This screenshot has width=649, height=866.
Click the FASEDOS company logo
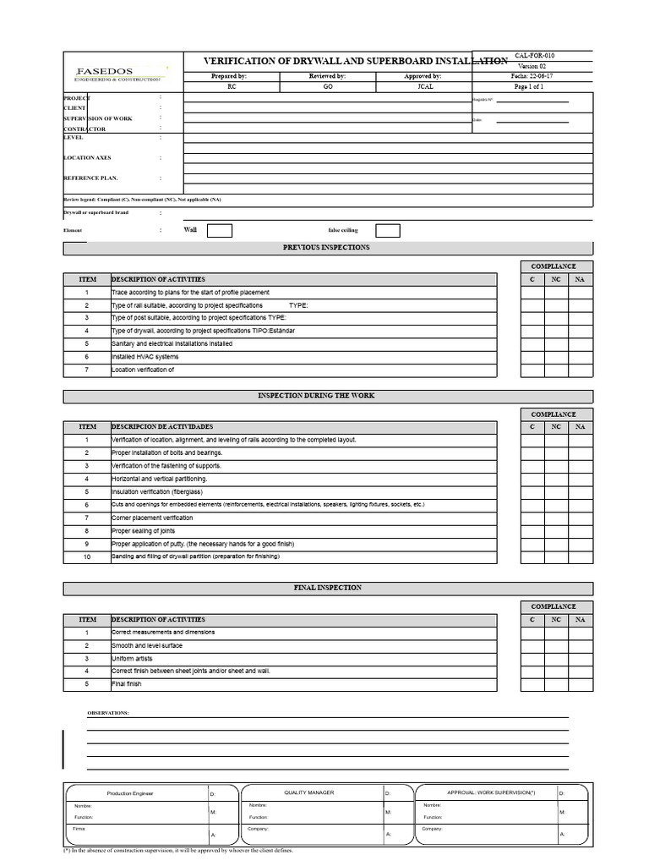[x=117, y=74]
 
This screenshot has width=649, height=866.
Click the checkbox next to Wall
[x=219, y=231]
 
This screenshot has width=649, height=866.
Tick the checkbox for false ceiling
[x=387, y=231]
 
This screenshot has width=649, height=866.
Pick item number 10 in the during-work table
[x=86, y=557]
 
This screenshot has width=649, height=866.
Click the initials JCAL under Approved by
[x=425, y=87]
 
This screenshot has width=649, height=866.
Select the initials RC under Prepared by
[x=232, y=87]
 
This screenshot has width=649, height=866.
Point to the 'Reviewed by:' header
[x=328, y=76]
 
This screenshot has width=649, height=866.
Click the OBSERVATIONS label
[x=108, y=713]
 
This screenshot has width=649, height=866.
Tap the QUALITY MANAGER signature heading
[x=308, y=792]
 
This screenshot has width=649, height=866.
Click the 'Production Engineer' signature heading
[x=130, y=793]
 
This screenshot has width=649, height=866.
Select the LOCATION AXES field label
[x=87, y=158]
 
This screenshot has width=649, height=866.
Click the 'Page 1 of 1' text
[x=529, y=87]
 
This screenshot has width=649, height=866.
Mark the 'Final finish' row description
[x=127, y=684]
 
